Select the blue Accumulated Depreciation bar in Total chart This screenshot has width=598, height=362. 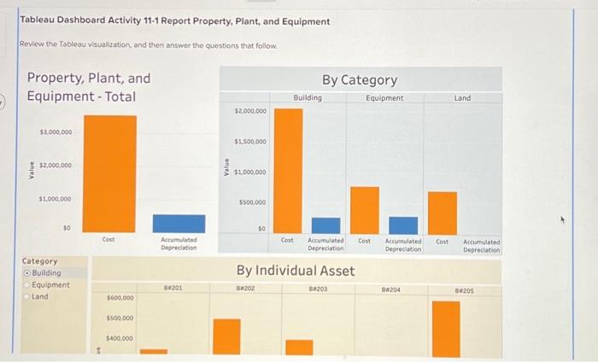pos(179,224)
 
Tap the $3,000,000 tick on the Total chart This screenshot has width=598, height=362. pos(56,132)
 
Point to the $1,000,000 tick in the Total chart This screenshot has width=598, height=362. pos(56,198)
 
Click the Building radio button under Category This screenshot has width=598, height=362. pos(26,273)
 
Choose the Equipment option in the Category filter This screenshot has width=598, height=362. pos(26,285)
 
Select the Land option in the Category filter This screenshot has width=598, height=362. pos(26,297)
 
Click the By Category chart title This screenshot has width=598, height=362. pos(359,80)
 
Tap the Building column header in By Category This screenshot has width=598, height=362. pos(308,98)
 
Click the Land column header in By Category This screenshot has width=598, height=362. pos(462,98)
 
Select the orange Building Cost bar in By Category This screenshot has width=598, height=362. pos(288,171)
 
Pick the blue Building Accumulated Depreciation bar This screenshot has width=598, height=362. pos(325,225)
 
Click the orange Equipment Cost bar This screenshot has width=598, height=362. pos(365,209)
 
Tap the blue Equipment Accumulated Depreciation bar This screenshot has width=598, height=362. pos(403,225)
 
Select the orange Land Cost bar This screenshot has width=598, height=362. pos(443,212)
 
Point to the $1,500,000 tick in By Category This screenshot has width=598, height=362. pos(249,142)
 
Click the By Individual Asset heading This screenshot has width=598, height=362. pos(295,271)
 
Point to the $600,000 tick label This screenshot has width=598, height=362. pos(120,299)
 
